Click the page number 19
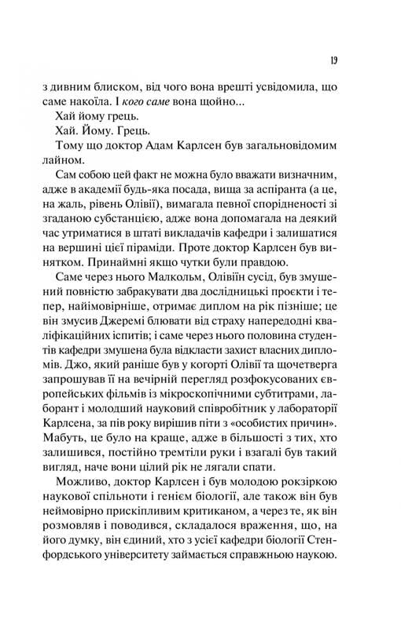click(x=336, y=62)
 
